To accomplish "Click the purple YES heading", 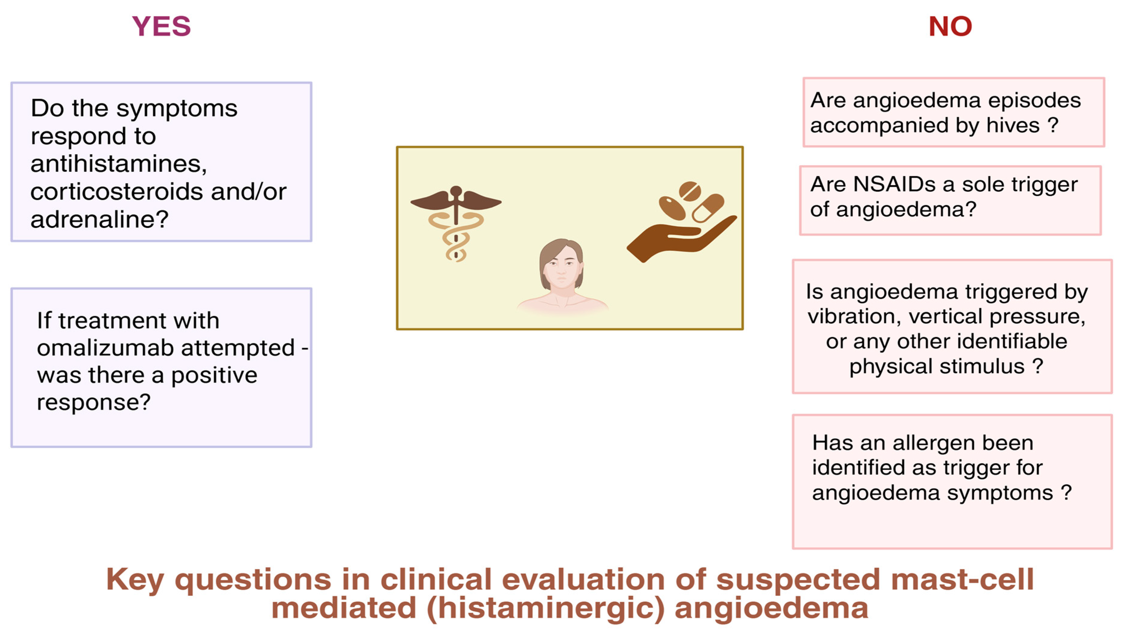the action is pos(161,26).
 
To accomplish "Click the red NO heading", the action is pos(950,26).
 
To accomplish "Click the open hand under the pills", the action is pos(682,239).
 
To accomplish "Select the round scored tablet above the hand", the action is pos(690,191).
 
